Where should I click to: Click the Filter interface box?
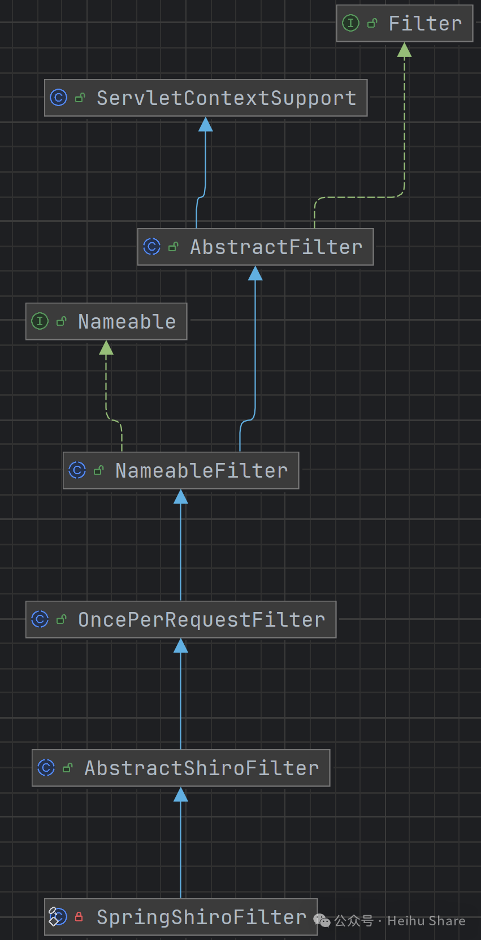pyautogui.click(x=405, y=23)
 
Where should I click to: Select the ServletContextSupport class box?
pyautogui.click(x=206, y=98)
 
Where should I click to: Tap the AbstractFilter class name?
pyautogui.click(x=276, y=247)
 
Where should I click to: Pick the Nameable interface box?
pyautogui.click(x=106, y=321)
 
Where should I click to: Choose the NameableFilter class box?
pyautogui.click(x=181, y=470)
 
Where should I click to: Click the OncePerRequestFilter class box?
pyautogui.click(x=181, y=619)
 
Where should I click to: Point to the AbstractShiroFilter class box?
pyautogui.click(x=181, y=768)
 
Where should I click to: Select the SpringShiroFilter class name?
pyautogui.click(x=201, y=917)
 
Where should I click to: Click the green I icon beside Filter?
pyautogui.click(x=350, y=23)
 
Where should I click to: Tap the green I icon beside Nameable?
pyautogui.click(x=40, y=321)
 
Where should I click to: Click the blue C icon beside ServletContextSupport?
pyautogui.click(x=58, y=98)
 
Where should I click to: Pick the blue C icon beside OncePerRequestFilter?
pyautogui.click(x=40, y=619)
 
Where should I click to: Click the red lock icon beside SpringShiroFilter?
pyautogui.click(x=79, y=917)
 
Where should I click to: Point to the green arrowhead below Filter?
pyautogui.click(x=404, y=50)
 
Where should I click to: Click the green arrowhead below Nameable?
pyautogui.click(x=106, y=348)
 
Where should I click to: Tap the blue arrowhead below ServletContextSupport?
pyautogui.click(x=206, y=124)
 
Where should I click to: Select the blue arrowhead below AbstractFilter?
pyautogui.click(x=255, y=274)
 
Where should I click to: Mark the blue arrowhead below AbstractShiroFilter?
pyautogui.click(x=181, y=795)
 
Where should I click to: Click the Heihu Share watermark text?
pyautogui.click(x=426, y=921)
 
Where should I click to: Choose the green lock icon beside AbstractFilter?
pyautogui.click(x=174, y=247)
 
